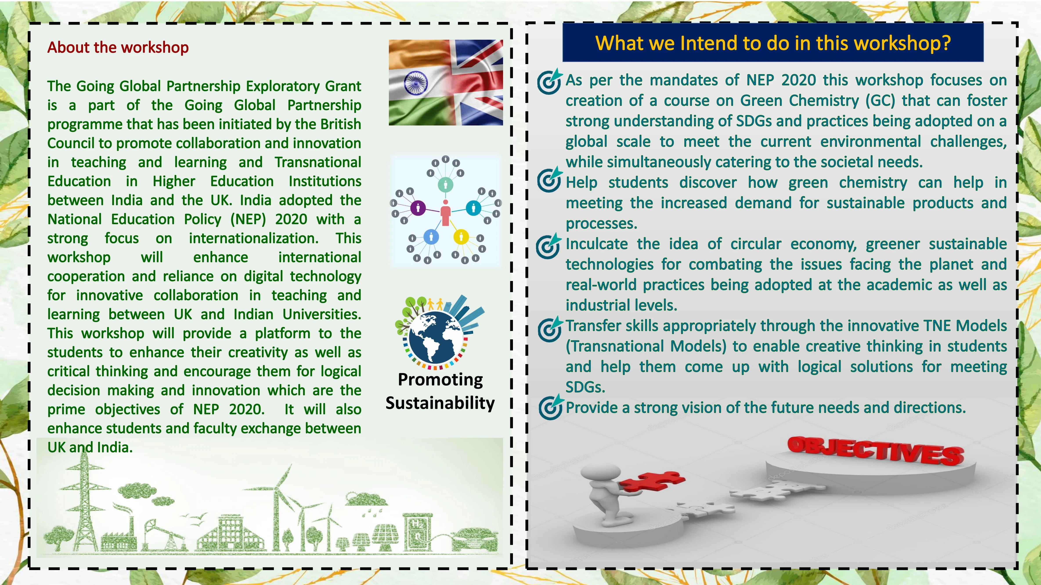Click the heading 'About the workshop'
pyautogui.click(x=118, y=47)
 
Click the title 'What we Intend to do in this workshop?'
pyautogui.click(x=773, y=43)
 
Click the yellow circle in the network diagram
pyautogui.click(x=461, y=237)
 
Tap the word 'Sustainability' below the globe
pyautogui.click(x=440, y=403)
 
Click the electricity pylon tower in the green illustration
pyautogui.click(x=84, y=501)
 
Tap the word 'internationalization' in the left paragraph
pyautogui.click(x=253, y=238)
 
